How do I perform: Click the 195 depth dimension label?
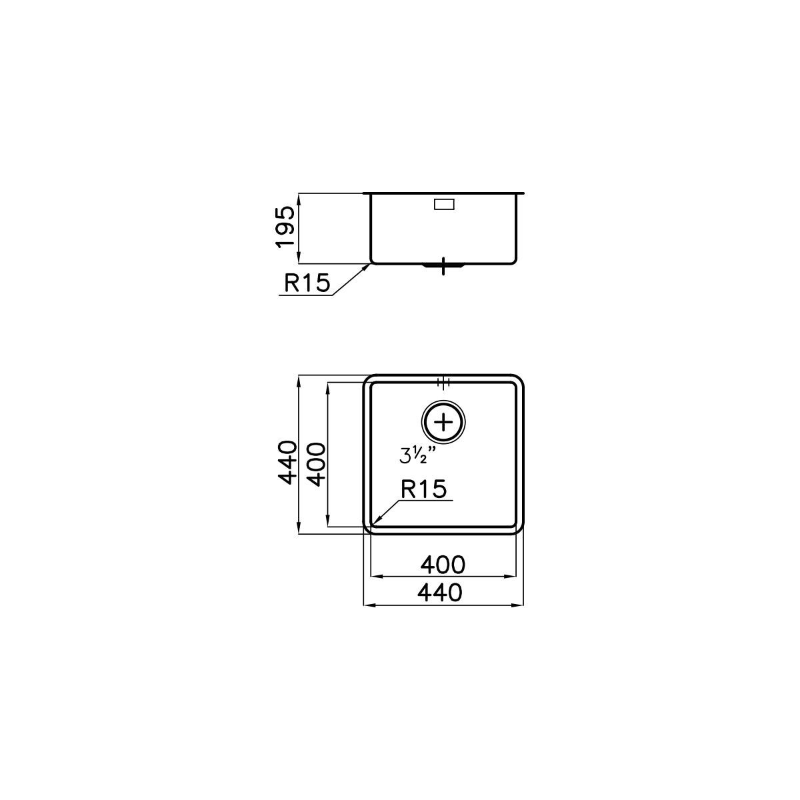pos(285,227)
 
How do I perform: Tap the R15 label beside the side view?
pos(307,283)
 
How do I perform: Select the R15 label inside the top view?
pos(423,489)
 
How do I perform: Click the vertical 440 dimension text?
pos(288,463)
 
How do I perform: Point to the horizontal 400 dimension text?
pos(443,565)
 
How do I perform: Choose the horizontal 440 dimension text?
pos(439,593)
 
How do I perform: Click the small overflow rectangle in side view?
pos(444,204)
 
